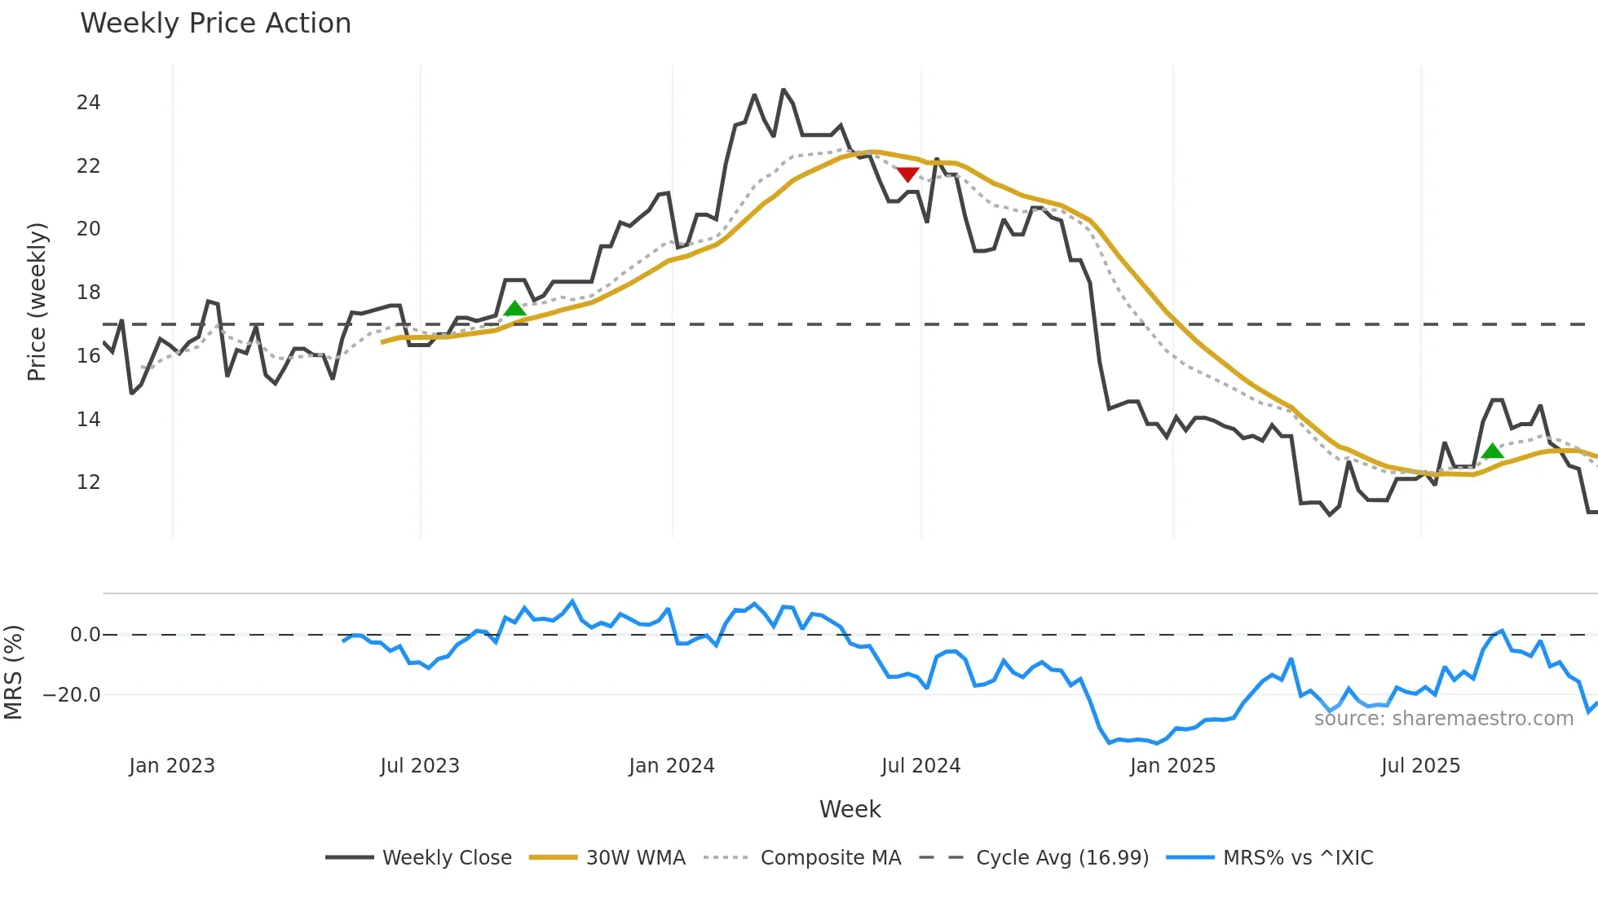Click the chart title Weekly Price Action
point(215,24)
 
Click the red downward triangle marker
point(907,174)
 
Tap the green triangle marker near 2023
point(514,308)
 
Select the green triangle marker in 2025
point(1492,451)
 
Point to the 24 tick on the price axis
point(88,103)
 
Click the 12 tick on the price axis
point(88,482)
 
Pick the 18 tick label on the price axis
point(88,293)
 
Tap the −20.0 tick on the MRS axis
point(72,695)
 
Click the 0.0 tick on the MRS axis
point(85,635)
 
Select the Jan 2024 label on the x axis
point(671,766)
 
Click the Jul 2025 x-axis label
point(1420,766)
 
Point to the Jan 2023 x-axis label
point(172,766)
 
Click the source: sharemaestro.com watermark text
point(1443,719)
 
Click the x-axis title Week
point(850,809)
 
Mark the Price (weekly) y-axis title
point(37,302)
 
